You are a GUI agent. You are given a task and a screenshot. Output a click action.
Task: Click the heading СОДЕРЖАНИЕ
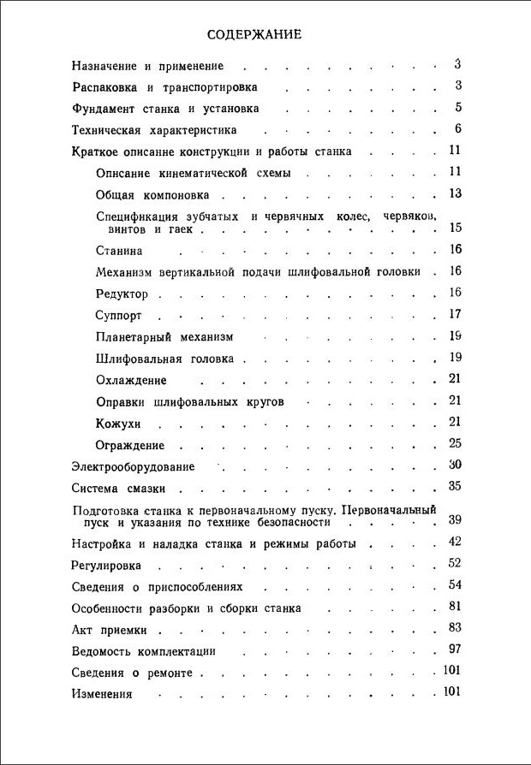(254, 35)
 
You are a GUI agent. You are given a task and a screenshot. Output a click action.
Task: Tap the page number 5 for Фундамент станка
(458, 108)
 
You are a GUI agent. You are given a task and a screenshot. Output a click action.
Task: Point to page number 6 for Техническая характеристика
(458, 129)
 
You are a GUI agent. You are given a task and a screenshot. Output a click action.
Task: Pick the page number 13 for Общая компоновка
(455, 193)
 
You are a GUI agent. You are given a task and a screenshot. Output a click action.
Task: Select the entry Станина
(119, 251)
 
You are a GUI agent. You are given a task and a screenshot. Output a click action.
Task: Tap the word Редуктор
(122, 294)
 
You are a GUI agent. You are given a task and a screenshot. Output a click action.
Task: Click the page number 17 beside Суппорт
(455, 314)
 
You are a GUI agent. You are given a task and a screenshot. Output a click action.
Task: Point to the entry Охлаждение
(131, 380)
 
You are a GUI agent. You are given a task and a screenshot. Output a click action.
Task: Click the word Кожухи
(118, 424)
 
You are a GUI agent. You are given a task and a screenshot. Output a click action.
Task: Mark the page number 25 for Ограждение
(455, 443)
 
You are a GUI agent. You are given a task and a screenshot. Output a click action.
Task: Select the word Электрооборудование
(133, 467)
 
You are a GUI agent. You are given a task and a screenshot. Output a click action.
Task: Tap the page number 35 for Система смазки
(455, 487)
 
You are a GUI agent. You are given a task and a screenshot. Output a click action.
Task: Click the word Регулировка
(106, 566)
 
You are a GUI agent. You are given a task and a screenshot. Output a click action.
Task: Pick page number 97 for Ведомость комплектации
(455, 649)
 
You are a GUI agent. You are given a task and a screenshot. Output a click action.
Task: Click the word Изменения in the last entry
(101, 694)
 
